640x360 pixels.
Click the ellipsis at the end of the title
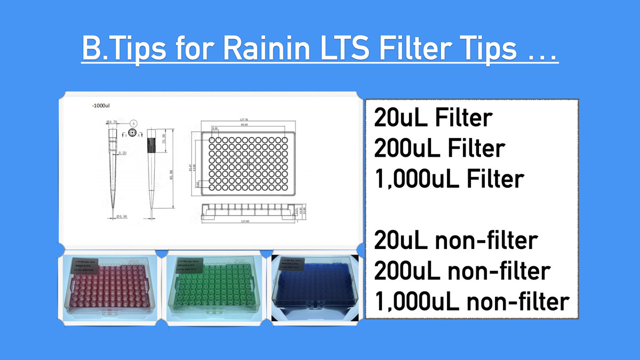539,52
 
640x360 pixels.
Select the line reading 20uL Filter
432,118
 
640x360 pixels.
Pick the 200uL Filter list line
439,148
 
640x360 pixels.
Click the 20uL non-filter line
454,241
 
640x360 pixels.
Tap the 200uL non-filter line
461,271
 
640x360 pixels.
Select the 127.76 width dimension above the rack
245,120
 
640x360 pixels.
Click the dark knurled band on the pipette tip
152,143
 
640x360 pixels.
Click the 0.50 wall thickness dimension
122,153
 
